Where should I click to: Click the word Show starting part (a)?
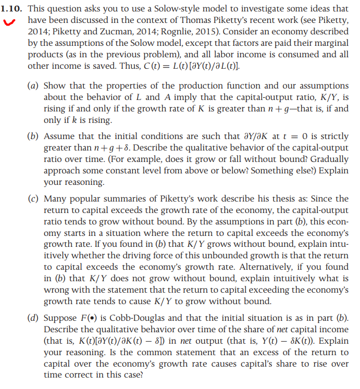pyautogui.click(x=54, y=85)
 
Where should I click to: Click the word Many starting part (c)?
pyautogui.click(x=55, y=199)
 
